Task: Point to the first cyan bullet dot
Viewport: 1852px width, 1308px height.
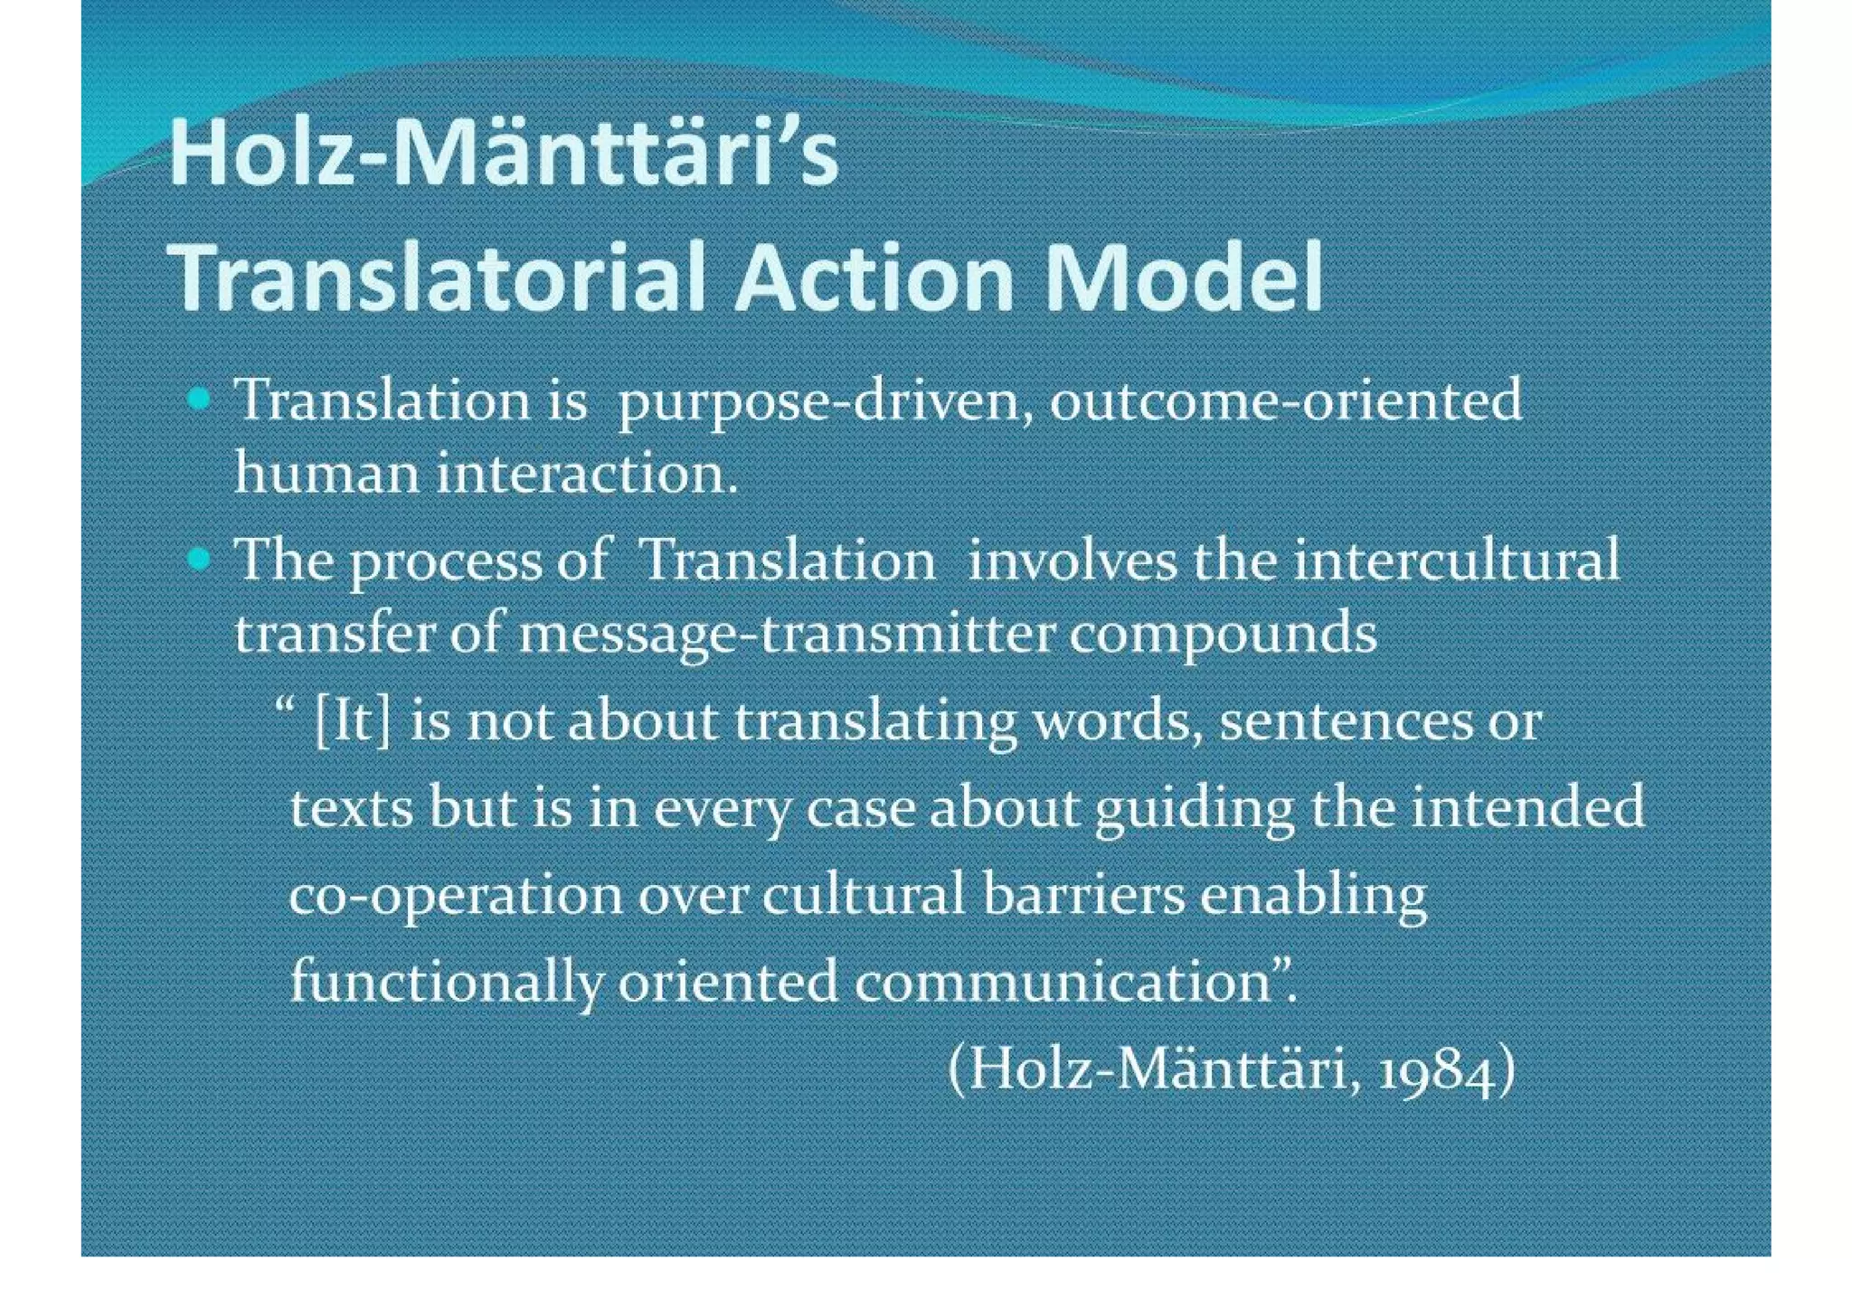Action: point(200,399)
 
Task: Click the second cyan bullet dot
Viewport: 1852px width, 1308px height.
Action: point(200,560)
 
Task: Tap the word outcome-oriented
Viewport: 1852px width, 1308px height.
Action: point(1285,400)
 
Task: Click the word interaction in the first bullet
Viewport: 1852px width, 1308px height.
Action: point(586,473)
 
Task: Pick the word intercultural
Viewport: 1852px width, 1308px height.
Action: point(1457,560)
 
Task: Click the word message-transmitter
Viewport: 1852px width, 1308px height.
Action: point(787,633)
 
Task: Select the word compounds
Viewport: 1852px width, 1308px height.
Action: point(1224,633)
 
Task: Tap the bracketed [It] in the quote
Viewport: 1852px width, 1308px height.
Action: point(353,722)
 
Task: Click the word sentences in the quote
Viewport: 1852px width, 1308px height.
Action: point(1346,722)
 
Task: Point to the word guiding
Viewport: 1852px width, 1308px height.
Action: point(1195,808)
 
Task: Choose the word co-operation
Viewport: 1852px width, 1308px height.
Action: point(456,896)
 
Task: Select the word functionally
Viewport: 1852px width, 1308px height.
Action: point(447,982)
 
